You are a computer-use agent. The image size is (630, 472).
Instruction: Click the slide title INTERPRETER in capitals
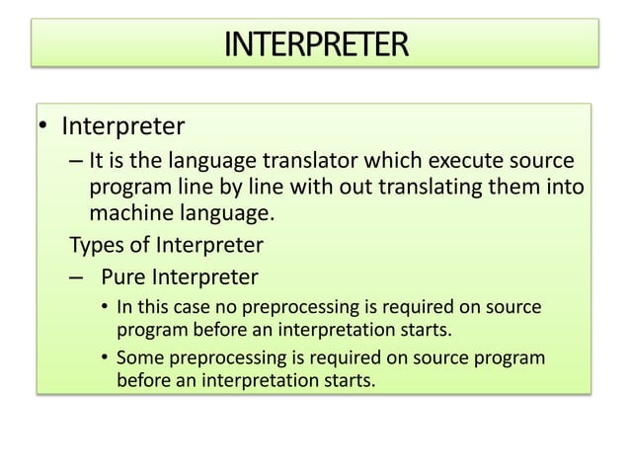tap(315, 44)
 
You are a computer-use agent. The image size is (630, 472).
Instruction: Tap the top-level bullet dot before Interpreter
tap(44, 128)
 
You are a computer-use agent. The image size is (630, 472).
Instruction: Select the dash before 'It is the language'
tap(75, 161)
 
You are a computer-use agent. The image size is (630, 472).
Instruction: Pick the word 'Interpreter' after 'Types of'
tap(210, 244)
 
